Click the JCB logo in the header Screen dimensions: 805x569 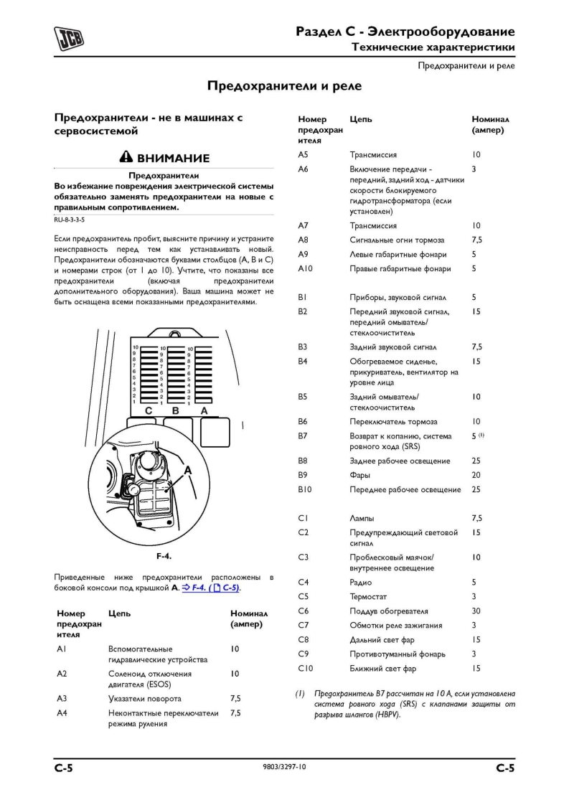pos(69,38)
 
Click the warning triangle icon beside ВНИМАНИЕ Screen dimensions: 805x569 pos(126,158)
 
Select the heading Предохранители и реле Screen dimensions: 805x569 pos(284,86)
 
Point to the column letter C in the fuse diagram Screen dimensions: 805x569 pos(149,411)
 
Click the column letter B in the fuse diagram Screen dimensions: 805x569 pos(176,411)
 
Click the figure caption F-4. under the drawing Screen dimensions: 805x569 pos(164,556)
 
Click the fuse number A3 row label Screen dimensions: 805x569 pos(62,698)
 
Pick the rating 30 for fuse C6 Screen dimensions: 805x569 pos(476,611)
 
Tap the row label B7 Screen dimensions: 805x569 pos(303,436)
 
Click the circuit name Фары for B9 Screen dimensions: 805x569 pos(360,475)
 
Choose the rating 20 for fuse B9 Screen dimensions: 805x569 pos(476,475)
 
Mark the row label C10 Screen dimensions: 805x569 pos(305,668)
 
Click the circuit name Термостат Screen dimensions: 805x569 pos(369,596)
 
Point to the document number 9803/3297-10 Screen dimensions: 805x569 pos(284,768)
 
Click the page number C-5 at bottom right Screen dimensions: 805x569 pos(505,768)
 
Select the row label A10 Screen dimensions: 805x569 pos(305,268)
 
